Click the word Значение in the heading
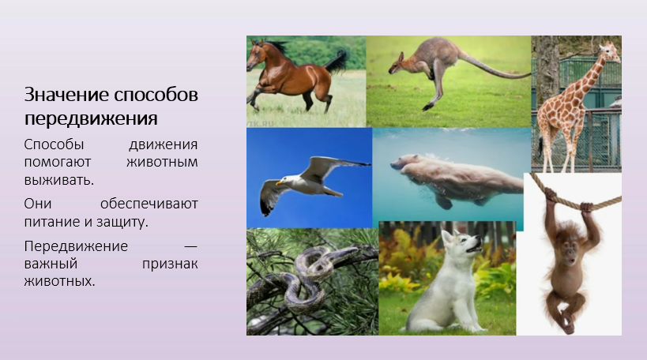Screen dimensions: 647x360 [x=66, y=95]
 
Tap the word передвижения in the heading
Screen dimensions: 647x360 [x=91, y=118]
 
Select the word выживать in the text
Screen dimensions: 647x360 [x=59, y=180]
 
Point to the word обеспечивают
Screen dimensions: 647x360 [x=149, y=204]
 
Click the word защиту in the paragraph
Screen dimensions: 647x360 [x=122, y=222]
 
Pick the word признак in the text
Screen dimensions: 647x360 [x=170, y=264]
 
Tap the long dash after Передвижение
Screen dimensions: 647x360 [x=190, y=246]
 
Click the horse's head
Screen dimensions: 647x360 [x=256, y=54]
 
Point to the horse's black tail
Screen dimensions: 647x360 [x=337, y=62]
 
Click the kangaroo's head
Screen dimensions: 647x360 [x=396, y=65]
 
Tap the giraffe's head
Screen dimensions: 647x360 [x=608, y=51]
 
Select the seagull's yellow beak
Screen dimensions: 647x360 [x=280, y=182]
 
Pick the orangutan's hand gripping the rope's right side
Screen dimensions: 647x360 [x=586, y=207]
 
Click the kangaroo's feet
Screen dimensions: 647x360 [x=428, y=107]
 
